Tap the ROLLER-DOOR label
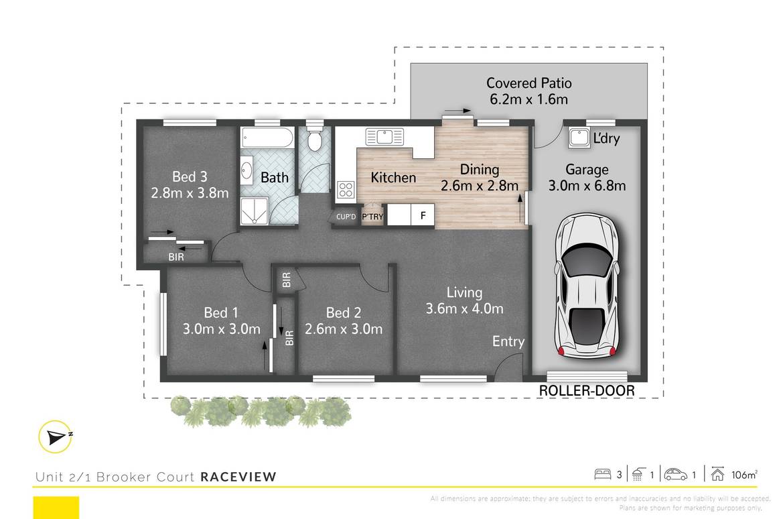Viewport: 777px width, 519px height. coord(587,391)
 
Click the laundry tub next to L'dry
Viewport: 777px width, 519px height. coord(578,138)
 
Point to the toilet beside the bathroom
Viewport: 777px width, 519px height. coord(314,139)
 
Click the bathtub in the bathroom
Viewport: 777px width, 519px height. coord(267,138)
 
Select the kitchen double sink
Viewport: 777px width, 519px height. coord(385,137)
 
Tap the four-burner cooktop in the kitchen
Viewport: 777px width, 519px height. coord(346,189)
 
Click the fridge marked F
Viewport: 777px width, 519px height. coord(422,216)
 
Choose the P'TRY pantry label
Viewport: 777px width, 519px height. coord(372,217)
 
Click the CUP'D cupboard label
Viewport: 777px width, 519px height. coord(346,217)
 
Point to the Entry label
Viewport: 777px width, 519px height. coord(508,341)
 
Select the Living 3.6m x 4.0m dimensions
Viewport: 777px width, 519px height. coord(464,309)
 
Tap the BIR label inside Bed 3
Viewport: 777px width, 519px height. coord(177,255)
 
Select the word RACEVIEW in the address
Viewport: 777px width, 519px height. coord(238,477)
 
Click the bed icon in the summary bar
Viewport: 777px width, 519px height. coord(603,475)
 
